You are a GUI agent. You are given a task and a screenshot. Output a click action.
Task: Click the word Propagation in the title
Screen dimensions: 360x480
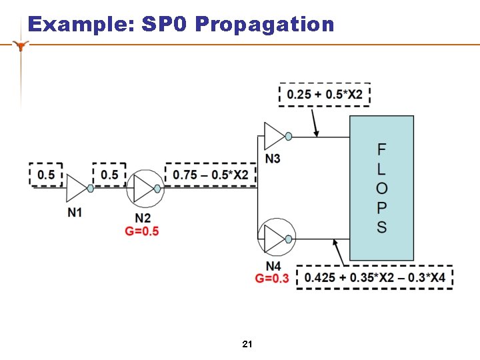click(x=265, y=25)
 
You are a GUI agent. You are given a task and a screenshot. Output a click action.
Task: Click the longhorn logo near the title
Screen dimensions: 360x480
click(x=23, y=45)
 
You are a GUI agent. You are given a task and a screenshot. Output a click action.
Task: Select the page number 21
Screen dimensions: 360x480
click(x=247, y=344)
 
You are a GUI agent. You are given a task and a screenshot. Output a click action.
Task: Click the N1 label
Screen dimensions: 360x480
click(x=75, y=212)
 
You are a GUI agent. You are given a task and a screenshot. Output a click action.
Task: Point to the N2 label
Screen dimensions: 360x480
click(x=142, y=218)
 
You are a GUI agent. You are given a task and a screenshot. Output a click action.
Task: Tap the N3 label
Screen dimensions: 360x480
click(x=272, y=159)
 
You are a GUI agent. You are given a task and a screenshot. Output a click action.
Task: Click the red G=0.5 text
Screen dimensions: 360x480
click(x=142, y=231)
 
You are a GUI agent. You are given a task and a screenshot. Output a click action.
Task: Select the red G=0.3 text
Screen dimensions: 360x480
click(x=272, y=278)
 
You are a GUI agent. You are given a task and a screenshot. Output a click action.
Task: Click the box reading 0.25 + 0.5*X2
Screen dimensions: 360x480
click(x=325, y=95)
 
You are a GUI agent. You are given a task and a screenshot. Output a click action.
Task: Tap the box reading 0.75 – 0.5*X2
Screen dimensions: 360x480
click(x=210, y=175)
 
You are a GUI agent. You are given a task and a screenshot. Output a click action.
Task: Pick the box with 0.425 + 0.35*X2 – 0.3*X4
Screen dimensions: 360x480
click(x=375, y=277)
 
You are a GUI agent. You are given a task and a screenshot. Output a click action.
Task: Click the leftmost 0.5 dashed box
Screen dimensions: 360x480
click(x=46, y=175)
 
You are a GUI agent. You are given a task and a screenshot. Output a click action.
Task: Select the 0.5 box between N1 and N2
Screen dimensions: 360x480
click(x=109, y=175)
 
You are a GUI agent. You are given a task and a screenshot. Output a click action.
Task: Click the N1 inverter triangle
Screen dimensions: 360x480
click(x=77, y=189)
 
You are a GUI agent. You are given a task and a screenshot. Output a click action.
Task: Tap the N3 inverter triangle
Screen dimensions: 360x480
click(x=274, y=136)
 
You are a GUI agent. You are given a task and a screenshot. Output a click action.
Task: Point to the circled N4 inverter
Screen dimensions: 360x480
click(x=276, y=237)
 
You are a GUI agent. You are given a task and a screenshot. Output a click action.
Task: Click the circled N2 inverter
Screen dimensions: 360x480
click(x=145, y=189)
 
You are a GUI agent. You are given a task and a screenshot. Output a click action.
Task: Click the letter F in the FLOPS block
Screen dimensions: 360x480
click(x=381, y=149)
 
